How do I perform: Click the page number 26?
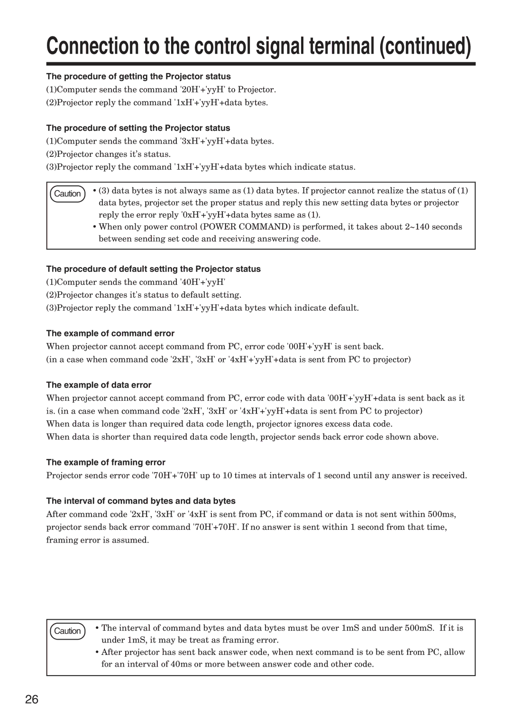click(x=32, y=699)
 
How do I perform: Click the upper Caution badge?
click(x=67, y=194)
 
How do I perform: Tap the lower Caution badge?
click(x=67, y=631)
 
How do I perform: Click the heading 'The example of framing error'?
click(x=106, y=462)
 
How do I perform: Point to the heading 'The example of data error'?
click(x=99, y=385)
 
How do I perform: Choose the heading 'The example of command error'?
click(x=110, y=334)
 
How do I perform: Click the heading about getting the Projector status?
click(x=138, y=77)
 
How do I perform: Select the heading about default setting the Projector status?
click(x=153, y=269)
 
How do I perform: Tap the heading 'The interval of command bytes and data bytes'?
click(x=141, y=501)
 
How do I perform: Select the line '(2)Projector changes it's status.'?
click(x=108, y=154)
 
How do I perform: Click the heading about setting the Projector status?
click(x=138, y=128)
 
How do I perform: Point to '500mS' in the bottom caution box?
click(x=419, y=628)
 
